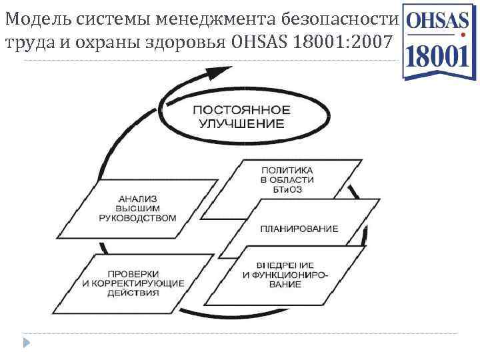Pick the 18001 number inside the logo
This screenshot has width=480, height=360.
437,57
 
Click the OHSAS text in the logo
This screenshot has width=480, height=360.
437,21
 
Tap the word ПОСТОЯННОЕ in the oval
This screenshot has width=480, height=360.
241,110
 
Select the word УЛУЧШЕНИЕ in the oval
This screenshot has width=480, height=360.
241,124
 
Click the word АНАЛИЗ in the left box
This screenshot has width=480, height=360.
137,198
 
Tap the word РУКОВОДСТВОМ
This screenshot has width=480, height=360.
137,218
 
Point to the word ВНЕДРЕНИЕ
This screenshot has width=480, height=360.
291,265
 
